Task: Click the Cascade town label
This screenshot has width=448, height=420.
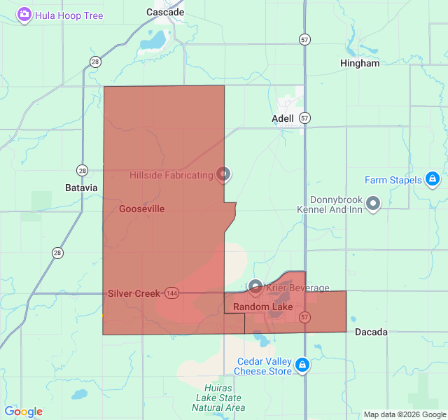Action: (x=165, y=12)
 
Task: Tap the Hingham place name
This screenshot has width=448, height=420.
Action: (x=360, y=63)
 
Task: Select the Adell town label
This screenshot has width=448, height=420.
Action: (x=283, y=118)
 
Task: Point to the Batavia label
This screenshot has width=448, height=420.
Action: (x=81, y=188)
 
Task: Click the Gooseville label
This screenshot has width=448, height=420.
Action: (x=142, y=209)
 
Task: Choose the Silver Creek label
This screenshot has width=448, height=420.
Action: (x=134, y=293)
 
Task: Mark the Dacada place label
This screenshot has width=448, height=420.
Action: (x=371, y=332)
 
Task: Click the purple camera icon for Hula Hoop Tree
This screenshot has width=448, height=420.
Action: (x=24, y=15)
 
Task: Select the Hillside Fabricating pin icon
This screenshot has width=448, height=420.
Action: (x=223, y=173)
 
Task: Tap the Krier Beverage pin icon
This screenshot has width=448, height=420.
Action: (x=255, y=287)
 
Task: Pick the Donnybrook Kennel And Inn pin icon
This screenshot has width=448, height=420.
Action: (x=373, y=203)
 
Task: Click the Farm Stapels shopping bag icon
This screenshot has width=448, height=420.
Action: (x=433, y=179)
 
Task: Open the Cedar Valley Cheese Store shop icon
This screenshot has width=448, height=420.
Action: (x=302, y=364)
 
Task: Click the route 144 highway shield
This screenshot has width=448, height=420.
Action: (x=171, y=293)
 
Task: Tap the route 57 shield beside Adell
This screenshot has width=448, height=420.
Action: (x=304, y=118)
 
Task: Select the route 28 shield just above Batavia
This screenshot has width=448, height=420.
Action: (x=83, y=170)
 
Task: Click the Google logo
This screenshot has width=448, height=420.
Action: (x=23, y=412)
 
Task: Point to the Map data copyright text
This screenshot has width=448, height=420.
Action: (x=405, y=414)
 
